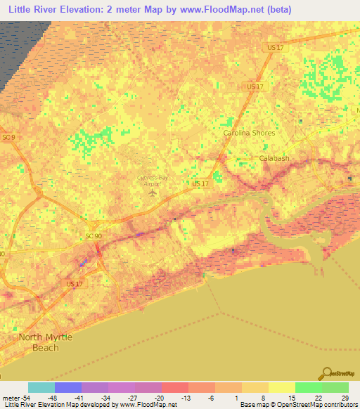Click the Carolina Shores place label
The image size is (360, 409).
[x=249, y=132]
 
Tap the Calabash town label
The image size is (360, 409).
[x=275, y=158]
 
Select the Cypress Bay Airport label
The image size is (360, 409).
[x=153, y=181]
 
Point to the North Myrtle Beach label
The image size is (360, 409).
[x=45, y=342]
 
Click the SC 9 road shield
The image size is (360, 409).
[x=8, y=136]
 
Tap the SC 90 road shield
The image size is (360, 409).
[x=94, y=235]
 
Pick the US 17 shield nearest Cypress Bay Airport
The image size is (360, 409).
[x=200, y=183]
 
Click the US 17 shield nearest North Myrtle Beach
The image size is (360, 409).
[x=73, y=283]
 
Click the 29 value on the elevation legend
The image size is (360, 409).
[x=344, y=397]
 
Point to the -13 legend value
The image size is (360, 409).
[x=188, y=397]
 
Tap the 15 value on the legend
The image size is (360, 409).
[x=292, y=397]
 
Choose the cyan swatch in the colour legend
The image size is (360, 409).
[x=41, y=387]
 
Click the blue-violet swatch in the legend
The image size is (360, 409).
[x=67, y=387]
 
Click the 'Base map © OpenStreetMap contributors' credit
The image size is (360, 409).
[x=297, y=405]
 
